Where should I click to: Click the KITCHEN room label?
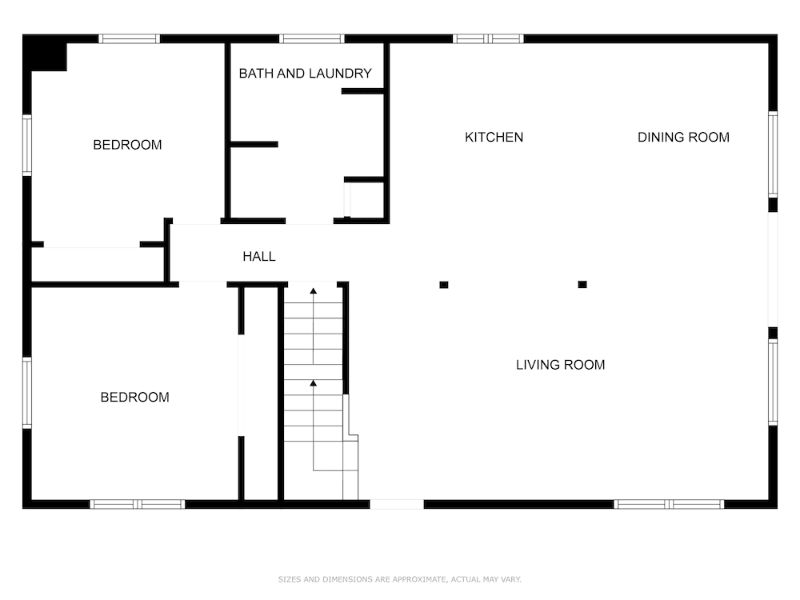pyautogui.click(x=494, y=138)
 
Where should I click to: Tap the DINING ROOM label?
pyautogui.click(x=683, y=138)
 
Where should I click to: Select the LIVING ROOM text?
pyautogui.click(x=560, y=365)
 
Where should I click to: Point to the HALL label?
pyautogui.click(x=259, y=257)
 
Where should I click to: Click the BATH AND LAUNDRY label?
pyautogui.click(x=305, y=74)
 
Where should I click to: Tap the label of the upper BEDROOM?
pyautogui.click(x=127, y=145)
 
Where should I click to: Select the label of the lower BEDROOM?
pyautogui.click(x=134, y=398)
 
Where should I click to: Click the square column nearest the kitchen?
pyautogui.click(x=444, y=285)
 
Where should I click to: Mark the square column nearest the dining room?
pyautogui.click(x=582, y=285)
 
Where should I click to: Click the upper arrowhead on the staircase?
pyautogui.click(x=314, y=291)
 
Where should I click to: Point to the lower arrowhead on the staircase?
pyautogui.click(x=314, y=382)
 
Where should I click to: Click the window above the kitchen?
pyautogui.click(x=488, y=38)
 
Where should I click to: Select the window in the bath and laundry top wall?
pyautogui.click(x=312, y=38)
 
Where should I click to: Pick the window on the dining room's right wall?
pyautogui.click(x=773, y=154)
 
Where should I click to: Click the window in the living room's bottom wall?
pyautogui.click(x=669, y=505)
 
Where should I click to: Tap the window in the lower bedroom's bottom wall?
pyautogui.click(x=138, y=505)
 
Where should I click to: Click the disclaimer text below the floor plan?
pyautogui.click(x=399, y=579)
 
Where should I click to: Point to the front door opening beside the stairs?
pyautogui.click(x=397, y=505)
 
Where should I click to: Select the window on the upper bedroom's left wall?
pyautogui.click(x=27, y=146)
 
